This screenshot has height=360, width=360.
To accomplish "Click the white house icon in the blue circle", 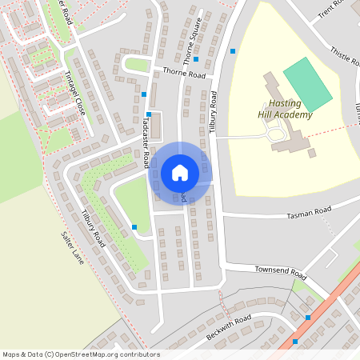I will (179, 173).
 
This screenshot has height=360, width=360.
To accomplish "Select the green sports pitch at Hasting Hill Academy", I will (307, 84).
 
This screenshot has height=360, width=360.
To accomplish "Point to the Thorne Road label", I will (184, 74).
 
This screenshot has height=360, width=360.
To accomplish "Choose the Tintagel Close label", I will (73, 93).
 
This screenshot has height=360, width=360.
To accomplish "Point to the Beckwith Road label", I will (228, 326).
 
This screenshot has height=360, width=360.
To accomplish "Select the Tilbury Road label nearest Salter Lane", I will (93, 227).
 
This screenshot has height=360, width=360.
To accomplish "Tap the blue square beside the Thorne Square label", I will (196, 60).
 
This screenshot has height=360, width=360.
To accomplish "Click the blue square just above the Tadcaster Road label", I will (148, 114).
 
